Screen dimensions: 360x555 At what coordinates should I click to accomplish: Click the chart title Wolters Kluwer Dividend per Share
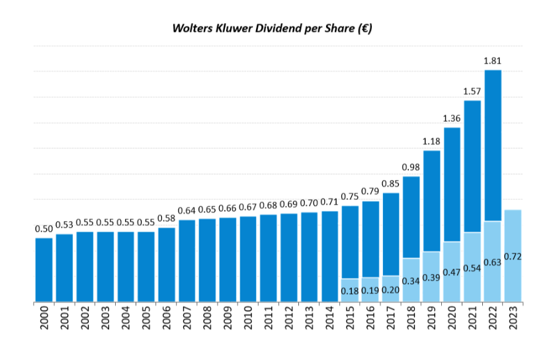tap(272, 28)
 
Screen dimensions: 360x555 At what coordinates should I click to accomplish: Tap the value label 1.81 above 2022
tap(493, 61)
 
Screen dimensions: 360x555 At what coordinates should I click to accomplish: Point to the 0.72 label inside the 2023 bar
tap(513, 256)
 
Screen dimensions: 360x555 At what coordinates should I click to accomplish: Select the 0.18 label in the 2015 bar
tap(350, 291)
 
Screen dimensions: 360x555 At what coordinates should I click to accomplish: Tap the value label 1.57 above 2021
tap(472, 91)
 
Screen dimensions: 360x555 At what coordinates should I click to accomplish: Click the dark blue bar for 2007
tap(187, 261)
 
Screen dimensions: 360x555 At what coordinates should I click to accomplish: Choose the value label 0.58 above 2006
tap(167, 218)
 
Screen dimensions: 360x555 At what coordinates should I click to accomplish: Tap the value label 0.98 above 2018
tap(411, 167)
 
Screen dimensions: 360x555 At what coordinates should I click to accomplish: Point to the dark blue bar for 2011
tap(269, 258)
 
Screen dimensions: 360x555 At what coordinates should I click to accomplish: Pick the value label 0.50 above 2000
tap(44, 229)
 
